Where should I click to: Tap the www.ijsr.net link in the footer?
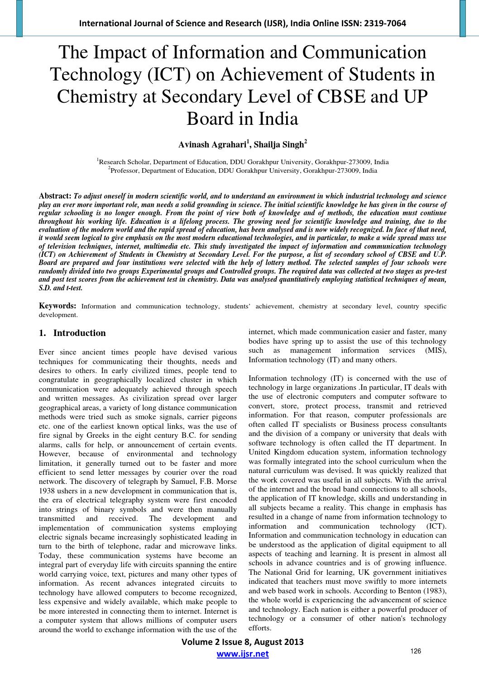coord(243,654)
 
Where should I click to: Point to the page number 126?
coord(416,651)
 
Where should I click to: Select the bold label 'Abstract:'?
coord(55,196)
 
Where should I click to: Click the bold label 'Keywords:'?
coord(57,306)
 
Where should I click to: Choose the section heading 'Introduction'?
coord(79,333)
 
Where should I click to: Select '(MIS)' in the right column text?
coord(435,350)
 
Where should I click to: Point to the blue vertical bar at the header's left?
coord(19,18)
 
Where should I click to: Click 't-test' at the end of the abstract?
coord(72,288)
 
